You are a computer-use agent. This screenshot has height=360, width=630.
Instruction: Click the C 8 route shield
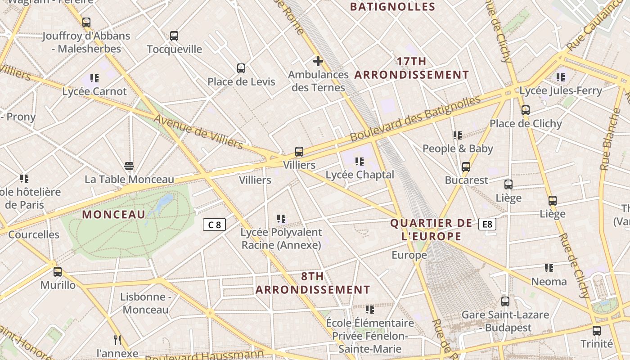point(214,225)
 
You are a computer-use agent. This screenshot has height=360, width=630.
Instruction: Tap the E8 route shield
point(487,224)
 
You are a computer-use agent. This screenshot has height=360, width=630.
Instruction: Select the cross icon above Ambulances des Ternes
point(318,61)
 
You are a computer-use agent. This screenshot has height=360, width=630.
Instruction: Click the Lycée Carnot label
point(94,91)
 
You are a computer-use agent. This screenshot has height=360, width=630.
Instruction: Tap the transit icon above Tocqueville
point(174,36)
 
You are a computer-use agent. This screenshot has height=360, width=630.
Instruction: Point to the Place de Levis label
point(241,81)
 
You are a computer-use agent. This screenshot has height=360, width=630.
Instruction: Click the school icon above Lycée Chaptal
point(359,161)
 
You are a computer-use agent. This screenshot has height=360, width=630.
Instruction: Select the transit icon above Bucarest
point(466,167)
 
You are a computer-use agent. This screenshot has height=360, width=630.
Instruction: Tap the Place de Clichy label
point(526,123)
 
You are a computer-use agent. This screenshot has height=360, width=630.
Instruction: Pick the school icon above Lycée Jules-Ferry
point(560,77)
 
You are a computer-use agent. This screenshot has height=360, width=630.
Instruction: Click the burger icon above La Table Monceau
point(129,166)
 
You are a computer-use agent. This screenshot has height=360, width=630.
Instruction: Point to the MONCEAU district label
point(114,215)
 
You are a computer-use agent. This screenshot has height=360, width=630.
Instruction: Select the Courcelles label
point(34,234)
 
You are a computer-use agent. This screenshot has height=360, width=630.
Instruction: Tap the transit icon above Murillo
point(58,272)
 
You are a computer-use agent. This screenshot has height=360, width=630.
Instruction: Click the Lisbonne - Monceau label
point(145,303)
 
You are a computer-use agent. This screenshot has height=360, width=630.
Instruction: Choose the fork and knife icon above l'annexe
point(117,340)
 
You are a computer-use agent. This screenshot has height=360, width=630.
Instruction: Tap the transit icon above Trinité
point(597,331)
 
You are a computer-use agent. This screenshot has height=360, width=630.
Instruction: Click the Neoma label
point(549,282)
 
